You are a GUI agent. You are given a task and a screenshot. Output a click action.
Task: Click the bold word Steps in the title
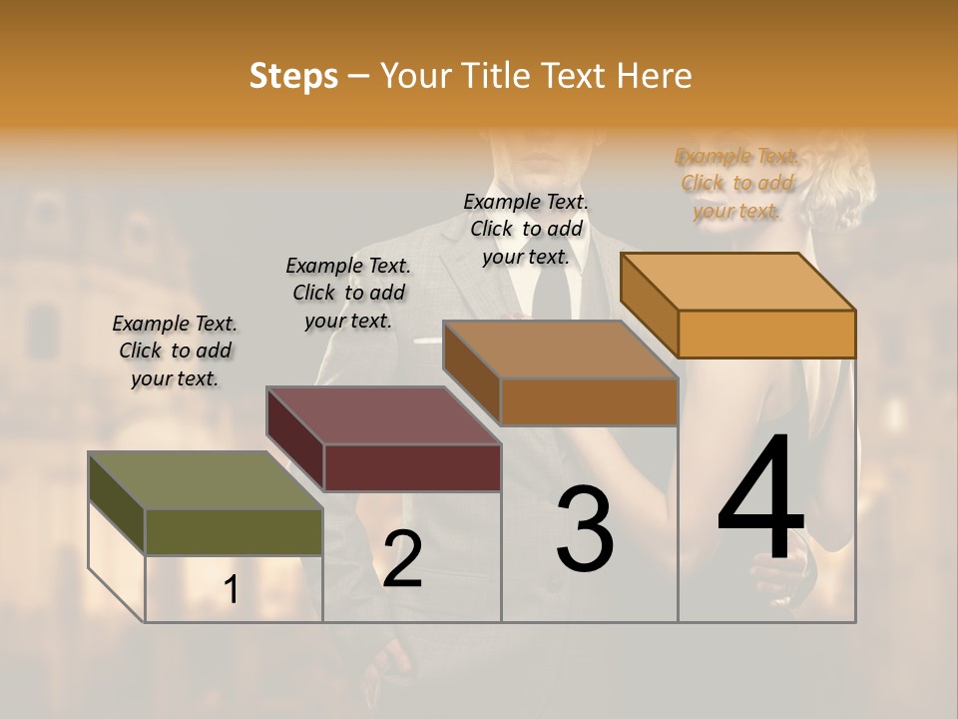tap(293, 76)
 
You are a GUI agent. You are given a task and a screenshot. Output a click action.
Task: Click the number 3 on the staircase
tap(585, 529)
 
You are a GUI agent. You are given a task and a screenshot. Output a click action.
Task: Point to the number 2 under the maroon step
tap(402, 559)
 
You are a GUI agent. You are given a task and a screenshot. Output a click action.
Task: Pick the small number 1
tap(232, 590)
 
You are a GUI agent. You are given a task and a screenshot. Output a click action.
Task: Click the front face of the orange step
tap(766, 334)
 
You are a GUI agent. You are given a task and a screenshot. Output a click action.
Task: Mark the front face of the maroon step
tap(412, 467)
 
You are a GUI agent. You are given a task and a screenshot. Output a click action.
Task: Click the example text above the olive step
tap(175, 351)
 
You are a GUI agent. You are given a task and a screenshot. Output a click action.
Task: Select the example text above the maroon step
tap(348, 293)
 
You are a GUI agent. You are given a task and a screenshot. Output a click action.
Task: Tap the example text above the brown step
tap(526, 229)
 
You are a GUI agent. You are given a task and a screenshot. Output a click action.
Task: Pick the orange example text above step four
tap(736, 183)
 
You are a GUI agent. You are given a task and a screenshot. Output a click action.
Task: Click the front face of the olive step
tap(234, 531)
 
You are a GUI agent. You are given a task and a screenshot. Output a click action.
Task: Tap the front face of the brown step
tap(589, 401)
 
